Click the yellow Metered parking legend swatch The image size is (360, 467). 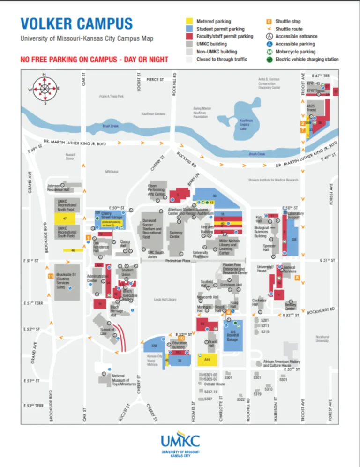point(189,22)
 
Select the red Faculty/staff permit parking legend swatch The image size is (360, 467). point(189,37)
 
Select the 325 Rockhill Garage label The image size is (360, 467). point(232,335)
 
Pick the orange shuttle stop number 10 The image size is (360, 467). point(181,338)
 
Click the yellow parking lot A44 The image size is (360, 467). point(208,359)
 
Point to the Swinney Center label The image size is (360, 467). point(176,234)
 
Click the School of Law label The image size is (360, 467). point(107,332)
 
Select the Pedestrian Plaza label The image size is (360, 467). point(177,260)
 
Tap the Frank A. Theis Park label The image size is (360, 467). point(111,96)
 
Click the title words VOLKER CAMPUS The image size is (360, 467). point(76,23)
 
